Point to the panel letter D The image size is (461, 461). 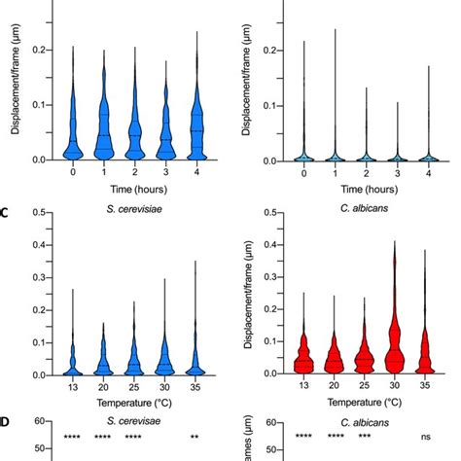[x=7, y=421]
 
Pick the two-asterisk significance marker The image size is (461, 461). [x=195, y=437]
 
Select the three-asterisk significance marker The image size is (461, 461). [x=365, y=437]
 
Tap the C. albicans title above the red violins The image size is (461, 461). [x=365, y=207]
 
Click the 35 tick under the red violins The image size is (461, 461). [x=427, y=385]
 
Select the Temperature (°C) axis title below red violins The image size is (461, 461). [x=365, y=401]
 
